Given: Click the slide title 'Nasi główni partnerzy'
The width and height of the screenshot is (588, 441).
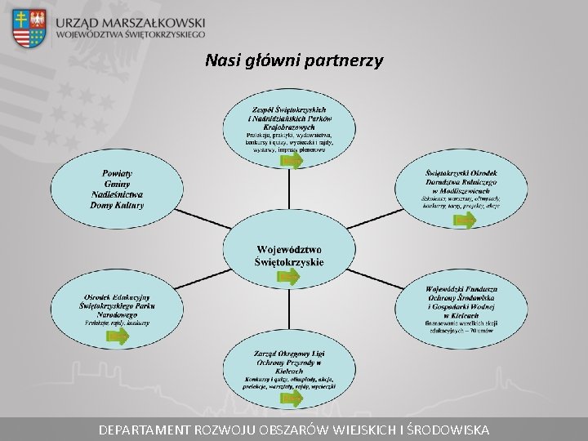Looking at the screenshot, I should (x=294, y=60).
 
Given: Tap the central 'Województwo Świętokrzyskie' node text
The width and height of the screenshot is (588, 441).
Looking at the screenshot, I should (x=289, y=255).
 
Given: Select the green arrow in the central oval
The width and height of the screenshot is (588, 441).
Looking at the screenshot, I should (x=289, y=276).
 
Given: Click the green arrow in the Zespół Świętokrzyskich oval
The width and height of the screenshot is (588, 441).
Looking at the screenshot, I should (x=292, y=161).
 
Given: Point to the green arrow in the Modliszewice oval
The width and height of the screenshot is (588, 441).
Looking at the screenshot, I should (x=465, y=220).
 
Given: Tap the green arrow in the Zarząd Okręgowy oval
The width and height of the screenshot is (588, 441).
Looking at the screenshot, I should (x=290, y=398).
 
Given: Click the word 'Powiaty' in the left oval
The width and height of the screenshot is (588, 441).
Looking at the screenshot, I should (x=118, y=173).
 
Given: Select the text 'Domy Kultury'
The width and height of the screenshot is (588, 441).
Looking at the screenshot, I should (x=117, y=205).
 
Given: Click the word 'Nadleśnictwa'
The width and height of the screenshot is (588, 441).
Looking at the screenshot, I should (x=117, y=194).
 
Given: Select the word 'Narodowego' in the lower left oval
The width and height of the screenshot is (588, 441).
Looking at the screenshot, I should (x=118, y=314).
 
